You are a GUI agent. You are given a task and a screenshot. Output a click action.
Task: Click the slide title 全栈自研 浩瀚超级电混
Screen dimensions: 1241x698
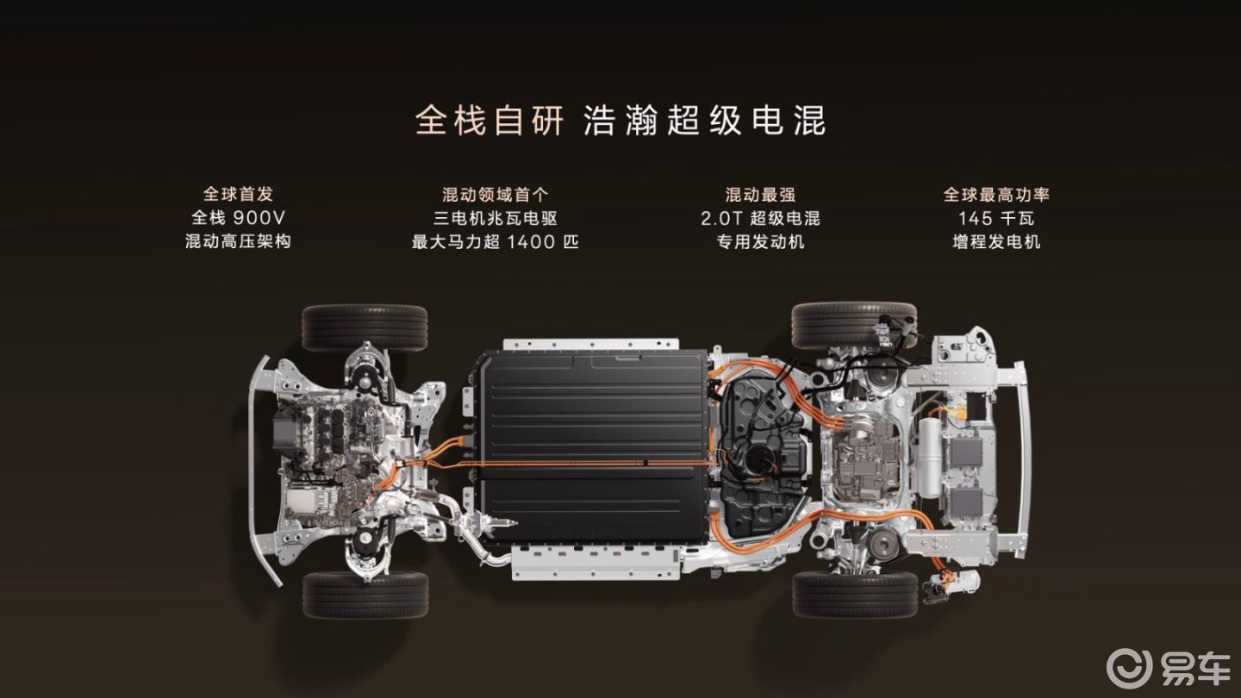pyautogui.click(x=620, y=121)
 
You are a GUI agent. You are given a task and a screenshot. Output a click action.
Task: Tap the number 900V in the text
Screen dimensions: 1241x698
pyautogui.click(x=259, y=218)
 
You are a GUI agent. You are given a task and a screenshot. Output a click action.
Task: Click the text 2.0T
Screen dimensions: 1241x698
pyautogui.click(x=720, y=218)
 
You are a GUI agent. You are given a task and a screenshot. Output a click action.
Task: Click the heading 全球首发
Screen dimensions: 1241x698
pyautogui.click(x=238, y=195)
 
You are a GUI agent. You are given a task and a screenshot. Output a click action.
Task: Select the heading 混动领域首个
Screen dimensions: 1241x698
pyautogui.click(x=496, y=195)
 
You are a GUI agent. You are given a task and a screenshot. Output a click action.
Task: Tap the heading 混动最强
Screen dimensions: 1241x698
pyautogui.click(x=760, y=195)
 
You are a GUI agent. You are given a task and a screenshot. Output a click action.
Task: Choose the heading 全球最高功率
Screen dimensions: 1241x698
pyautogui.click(x=996, y=195)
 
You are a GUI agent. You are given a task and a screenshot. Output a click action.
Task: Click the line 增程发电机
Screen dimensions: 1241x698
pyautogui.click(x=996, y=242)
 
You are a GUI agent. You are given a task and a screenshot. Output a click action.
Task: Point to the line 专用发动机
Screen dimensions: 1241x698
pyautogui.click(x=760, y=242)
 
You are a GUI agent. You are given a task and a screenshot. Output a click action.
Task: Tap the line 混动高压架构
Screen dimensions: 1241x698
pyautogui.click(x=238, y=241)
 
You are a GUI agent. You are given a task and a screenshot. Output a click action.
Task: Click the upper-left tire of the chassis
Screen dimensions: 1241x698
pyautogui.click(x=365, y=327)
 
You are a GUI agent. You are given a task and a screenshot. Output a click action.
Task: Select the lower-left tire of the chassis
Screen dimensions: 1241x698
pyautogui.click(x=365, y=595)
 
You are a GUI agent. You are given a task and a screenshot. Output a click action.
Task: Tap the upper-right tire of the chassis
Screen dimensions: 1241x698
pyautogui.click(x=854, y=325)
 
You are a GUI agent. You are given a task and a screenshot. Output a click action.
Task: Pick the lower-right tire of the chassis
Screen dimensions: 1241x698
pyautogui.click(x=855, y=595)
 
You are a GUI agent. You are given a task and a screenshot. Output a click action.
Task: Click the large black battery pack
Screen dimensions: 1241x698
pyautogui.click(x=594, y=446)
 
